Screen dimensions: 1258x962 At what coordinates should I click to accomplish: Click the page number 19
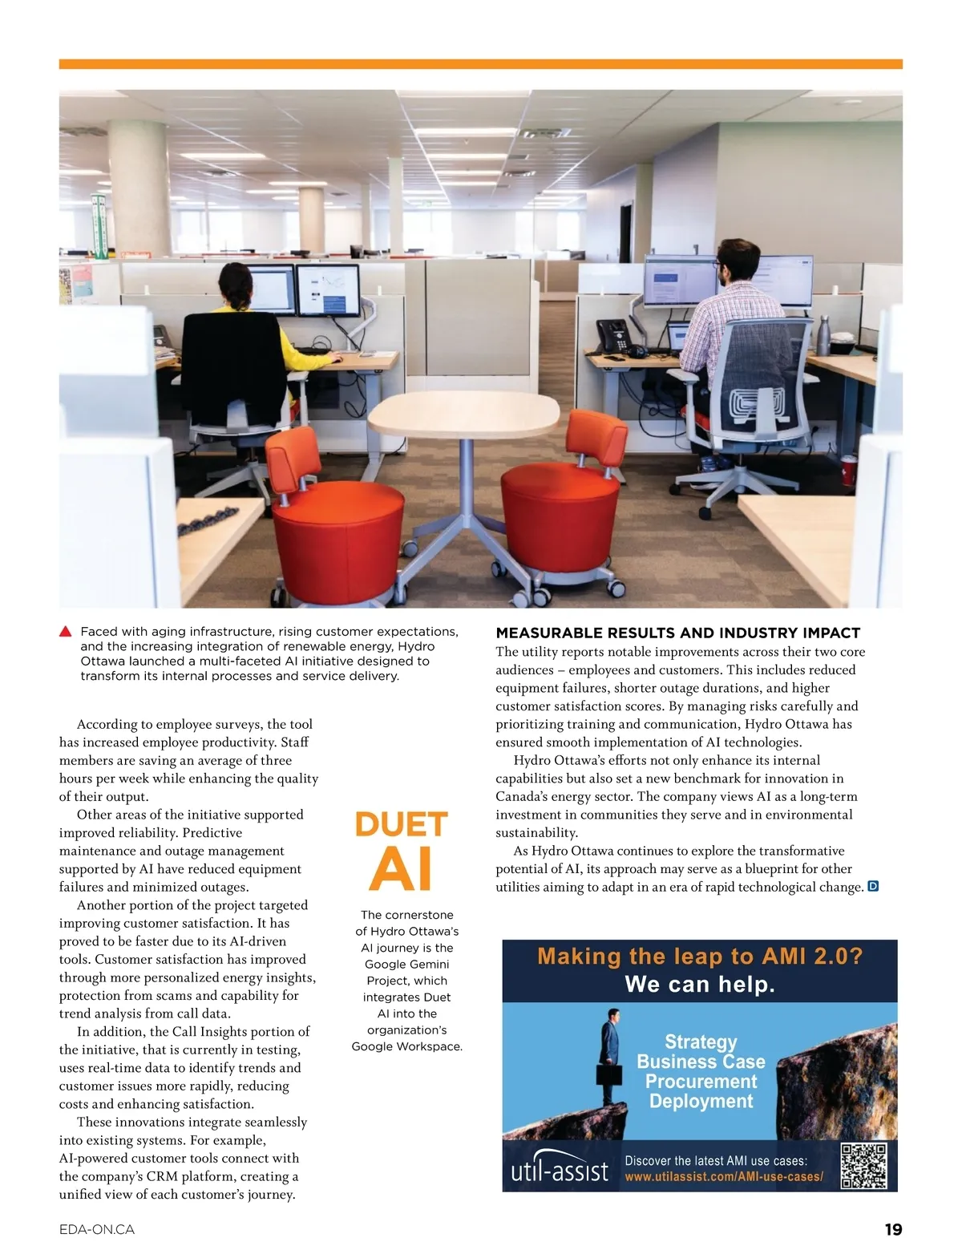tap(893, 1229)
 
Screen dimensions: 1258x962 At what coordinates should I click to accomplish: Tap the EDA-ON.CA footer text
tap(97, 1229)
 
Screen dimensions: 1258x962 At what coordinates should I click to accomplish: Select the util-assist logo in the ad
tap(560, 1171)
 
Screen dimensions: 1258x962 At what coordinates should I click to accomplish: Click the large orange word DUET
tap(401, 825)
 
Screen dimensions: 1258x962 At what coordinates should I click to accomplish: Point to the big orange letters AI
tap(401, 869)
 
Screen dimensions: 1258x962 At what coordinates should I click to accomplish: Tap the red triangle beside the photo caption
tap(66, 632)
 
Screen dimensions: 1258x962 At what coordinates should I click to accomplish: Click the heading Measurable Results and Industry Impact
tap(678, 633)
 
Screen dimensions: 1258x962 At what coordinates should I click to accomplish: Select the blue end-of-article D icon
tap(874, 887)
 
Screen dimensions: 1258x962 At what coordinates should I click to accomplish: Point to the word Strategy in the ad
tap(701, 1042)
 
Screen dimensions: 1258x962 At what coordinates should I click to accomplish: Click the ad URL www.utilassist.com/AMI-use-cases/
tap(724, 1176)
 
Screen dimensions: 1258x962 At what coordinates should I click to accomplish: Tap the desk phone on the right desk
tap(613, 334)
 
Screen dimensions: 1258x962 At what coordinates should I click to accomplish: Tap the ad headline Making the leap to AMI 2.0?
tap(699, 957)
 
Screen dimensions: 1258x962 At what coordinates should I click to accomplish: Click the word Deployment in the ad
tap(701, 1101)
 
